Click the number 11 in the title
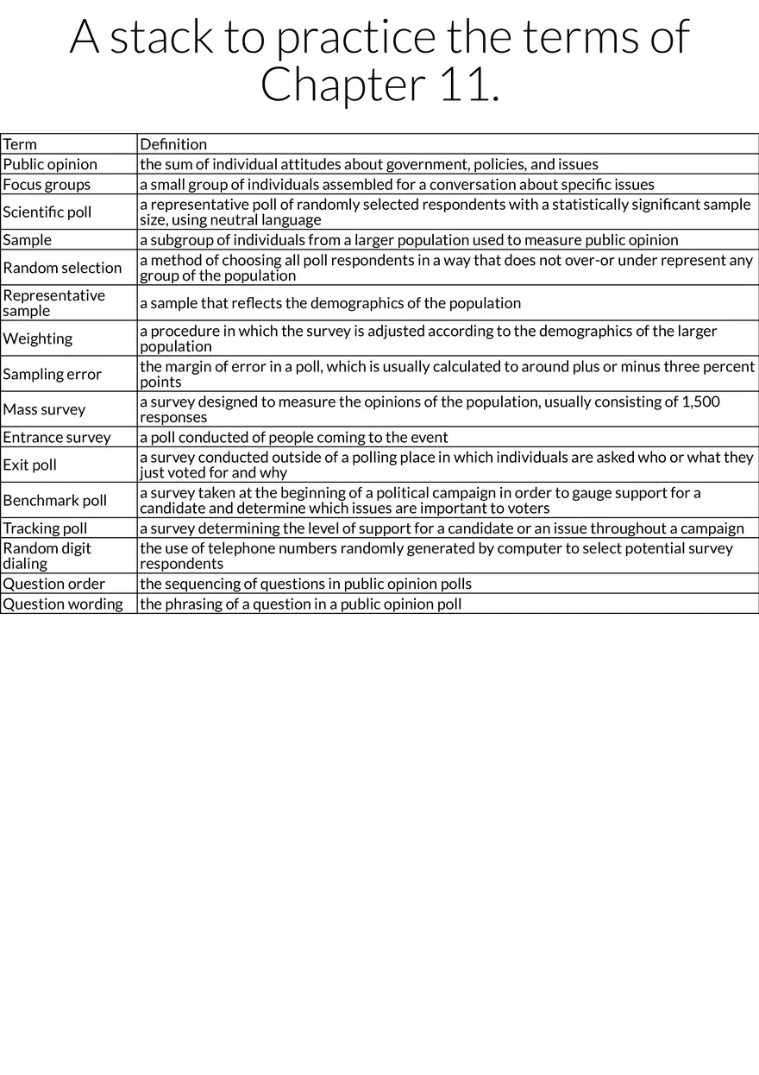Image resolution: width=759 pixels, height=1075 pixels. coord(464,85)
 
